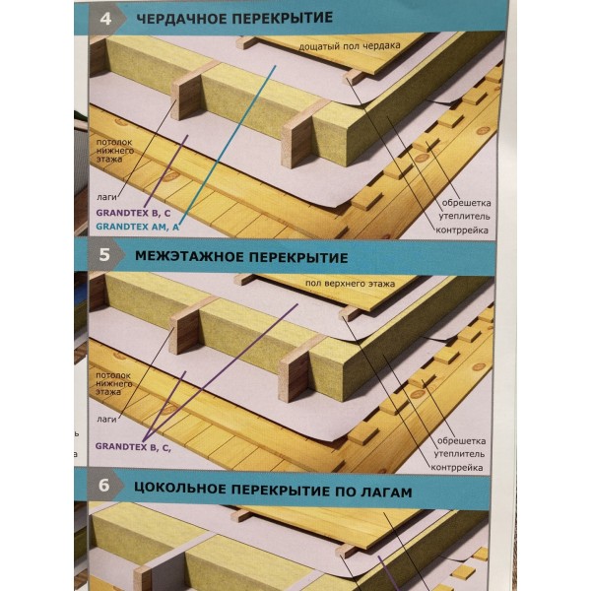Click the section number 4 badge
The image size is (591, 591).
[106, 18]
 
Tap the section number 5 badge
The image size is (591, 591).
[104, 255]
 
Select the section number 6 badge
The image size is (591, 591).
[104, 485]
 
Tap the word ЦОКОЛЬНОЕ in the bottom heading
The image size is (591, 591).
[180, 489]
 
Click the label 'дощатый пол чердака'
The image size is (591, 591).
[350, 46]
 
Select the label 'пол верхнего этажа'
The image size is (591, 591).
[350, 283]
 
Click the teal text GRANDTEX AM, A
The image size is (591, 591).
[137, 227]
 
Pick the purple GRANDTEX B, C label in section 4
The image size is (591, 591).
[133, 213]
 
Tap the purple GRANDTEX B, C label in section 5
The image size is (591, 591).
[133, 446]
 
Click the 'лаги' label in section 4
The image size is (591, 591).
[106, 197]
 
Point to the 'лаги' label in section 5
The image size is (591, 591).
[106, 420]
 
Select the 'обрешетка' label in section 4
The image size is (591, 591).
[466, 203]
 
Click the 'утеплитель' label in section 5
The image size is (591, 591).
[459, 454]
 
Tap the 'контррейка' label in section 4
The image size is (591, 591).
[462, 230]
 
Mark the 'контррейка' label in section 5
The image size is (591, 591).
[457, 468]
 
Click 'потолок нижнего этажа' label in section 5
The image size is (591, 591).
[113, 383]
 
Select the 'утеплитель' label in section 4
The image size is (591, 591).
[464, 217]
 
